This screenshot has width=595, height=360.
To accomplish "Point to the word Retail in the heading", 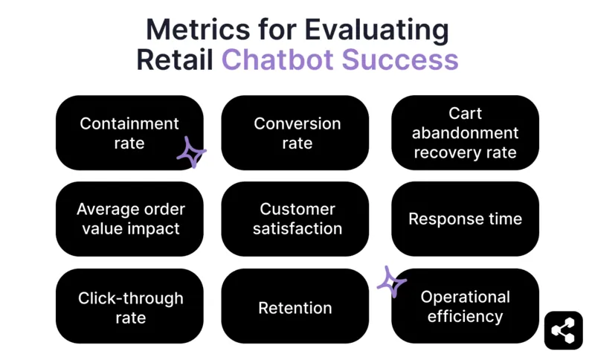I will click(x=175, y=60).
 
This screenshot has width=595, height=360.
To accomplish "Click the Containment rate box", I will click(x=129, y=132).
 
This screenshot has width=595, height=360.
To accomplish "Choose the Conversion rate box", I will click(x=295, y=132).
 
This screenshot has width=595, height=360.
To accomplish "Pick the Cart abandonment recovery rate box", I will click(x=465, y=132).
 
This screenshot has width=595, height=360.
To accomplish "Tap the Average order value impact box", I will click(x=129, y=219).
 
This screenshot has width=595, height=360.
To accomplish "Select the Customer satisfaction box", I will click(x=295, y=219).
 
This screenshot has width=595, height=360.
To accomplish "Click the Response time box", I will click(x=465, y=219).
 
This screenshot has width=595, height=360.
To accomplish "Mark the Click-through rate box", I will click(x=129, y=306).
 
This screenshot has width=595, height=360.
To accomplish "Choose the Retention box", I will click(x=295, y=306).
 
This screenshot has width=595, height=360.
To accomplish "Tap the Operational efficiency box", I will click(x=465, y=306).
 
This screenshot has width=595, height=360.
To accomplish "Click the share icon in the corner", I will click(x=564, y=330).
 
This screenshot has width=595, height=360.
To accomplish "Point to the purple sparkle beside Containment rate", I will click(x=191, y=152).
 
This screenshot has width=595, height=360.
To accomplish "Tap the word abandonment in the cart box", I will click(x=466, y=133).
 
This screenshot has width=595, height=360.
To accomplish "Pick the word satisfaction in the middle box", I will click(x=297, y=228).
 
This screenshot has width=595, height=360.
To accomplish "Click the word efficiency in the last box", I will click(x=466, y=316).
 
